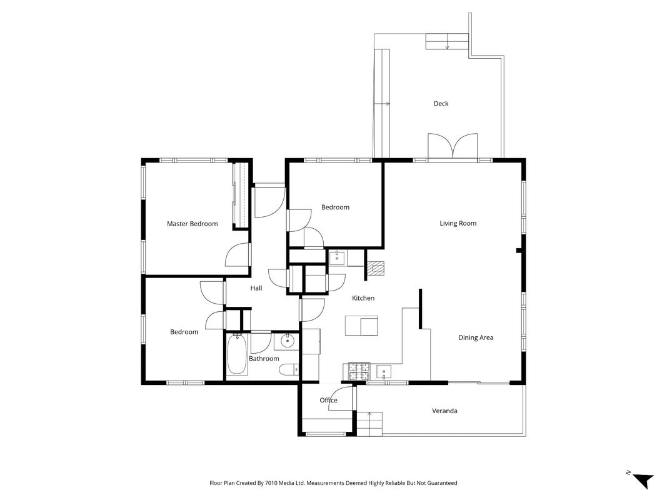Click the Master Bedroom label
click(193, 224)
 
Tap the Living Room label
click(458, 223)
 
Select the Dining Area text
click(476, 337)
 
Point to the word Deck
click(441, 103)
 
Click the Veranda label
click(444, 411)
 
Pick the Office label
click(328, 400)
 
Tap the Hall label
click(256, 288)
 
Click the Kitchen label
click(363, 298)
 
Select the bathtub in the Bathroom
click(237, 354)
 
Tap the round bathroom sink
click(288, 340)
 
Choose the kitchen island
click(361, 325)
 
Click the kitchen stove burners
click(359, 371)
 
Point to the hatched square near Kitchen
click(376, 269)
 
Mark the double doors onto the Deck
click(453, 147)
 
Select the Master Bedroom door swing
click(238, 255)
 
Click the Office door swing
click(341, 399)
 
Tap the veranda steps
click(369, 424)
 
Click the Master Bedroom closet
click(240, 195)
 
